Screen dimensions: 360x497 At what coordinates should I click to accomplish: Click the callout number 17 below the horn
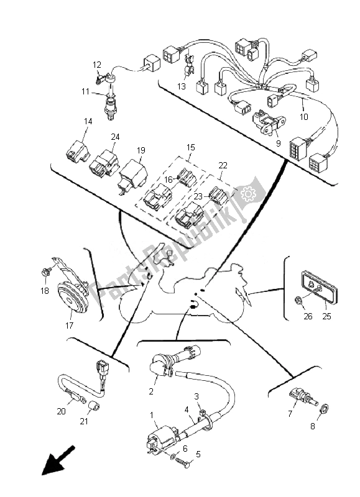pos(69,325)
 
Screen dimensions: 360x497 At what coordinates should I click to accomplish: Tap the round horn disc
pos(73,298)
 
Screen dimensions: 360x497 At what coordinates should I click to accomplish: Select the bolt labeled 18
pos(47,271)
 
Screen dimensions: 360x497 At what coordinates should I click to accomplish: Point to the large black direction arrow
pos(58,460)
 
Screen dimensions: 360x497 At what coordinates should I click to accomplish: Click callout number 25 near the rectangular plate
pos(326,316)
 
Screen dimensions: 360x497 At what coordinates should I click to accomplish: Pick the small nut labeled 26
pos(298,299)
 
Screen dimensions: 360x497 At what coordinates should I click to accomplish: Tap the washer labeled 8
pos(325,408)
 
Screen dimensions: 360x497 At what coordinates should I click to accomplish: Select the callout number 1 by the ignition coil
pos(152,415)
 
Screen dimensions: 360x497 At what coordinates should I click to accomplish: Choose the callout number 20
pos(61,411)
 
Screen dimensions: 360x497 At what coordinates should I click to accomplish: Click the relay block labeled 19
pos(133,175)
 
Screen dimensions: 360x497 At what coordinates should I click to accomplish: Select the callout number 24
pos(115,137)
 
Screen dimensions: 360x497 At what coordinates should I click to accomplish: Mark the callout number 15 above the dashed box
pos(191,147)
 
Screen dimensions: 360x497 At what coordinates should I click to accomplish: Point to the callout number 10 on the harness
pos(303,117)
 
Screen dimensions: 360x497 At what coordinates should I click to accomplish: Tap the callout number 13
pos(182,86)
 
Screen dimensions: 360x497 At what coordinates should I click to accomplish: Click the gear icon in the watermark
pos(248,194)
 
